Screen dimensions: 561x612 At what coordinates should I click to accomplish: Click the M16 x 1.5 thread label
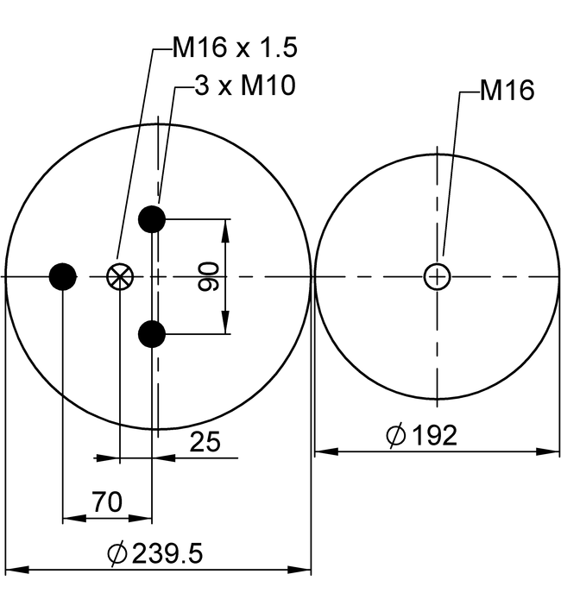tap(235, 48)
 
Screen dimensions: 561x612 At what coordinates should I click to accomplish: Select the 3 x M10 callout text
tap(245, 85)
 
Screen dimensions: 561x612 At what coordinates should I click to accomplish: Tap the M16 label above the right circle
tap(507, 91)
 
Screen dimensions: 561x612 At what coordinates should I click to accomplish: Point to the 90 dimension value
tap(208, 277)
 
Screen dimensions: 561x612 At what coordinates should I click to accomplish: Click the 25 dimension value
tap(205, 442)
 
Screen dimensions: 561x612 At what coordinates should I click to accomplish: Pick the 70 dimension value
tap(107, 502)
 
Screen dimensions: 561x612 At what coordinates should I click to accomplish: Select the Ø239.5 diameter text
tap(155, 553)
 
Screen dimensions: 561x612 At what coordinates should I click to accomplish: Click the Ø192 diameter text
tap(421, 435)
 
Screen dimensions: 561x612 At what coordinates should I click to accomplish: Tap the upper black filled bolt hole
tap(152, 219)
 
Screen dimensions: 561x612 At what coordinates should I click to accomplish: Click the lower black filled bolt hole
tap(152, 334)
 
